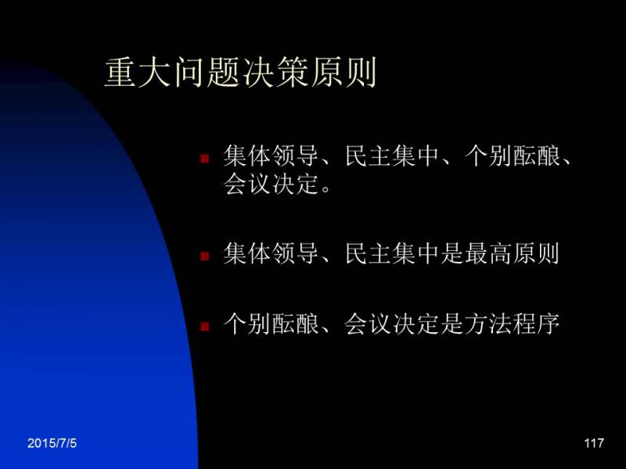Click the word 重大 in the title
click(139, 72)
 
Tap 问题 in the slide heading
click(207, 72)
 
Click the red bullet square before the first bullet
click(205, 159)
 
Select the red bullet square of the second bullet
click(205, 256)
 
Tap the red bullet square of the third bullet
click(205, 327)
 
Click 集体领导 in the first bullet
click(271, 156)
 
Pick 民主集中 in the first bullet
click(392, 156)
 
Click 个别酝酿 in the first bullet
click(513, 156)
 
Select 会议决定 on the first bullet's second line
click(271, 184)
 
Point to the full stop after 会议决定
click(326, 190)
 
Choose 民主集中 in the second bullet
click(392, 253)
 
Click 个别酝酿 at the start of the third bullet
click(271, 324)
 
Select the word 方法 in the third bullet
click(487, 324)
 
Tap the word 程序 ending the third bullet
click(536, 324)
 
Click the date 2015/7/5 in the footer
click(52, 443)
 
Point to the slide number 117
click(594, 443)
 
